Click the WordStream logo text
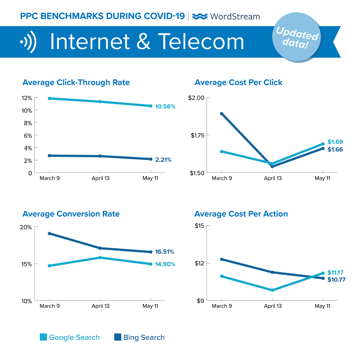(234, 16)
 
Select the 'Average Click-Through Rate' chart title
(76, 82)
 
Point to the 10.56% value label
(165, 107)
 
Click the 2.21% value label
(163, 159)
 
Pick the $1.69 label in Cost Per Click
(335, 141)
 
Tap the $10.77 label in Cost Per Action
(336, 280)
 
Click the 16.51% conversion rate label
(165, 252)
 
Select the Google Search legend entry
(70, 337)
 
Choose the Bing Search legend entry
(139, 337)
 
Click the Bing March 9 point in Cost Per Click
(222, 114)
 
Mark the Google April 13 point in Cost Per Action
(272, 290)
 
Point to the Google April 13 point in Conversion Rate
(100, 258)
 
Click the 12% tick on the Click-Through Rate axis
(27, 98)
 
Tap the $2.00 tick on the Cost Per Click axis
(196, 98)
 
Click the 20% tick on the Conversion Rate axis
(26, 227)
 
